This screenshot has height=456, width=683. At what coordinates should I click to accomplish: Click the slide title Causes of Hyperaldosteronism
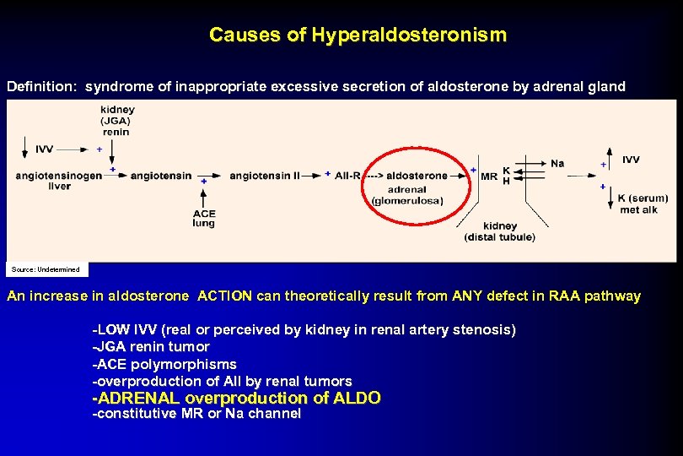tap(358, 35)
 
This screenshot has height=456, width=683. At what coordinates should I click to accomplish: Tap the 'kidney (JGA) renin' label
tap(116, 121)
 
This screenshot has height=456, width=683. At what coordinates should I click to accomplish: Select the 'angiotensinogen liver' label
tap(59, 180)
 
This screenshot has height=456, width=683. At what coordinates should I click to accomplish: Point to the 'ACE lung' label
tap(203, 219)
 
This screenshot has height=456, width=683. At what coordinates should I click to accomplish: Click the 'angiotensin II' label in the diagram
tap(264, 175)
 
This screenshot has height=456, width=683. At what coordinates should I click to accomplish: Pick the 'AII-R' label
tap(347, 175)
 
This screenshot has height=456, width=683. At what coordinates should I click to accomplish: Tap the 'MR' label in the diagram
tap(488, 176)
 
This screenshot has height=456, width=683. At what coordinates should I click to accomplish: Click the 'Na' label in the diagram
tap(557, 163)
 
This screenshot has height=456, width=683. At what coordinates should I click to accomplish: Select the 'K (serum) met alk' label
tap(643, 204)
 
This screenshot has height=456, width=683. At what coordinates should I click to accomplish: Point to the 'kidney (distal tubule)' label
tap(499, 231)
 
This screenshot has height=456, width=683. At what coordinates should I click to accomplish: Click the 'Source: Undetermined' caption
tap(46, 269)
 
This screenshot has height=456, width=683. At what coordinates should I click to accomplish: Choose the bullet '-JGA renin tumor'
tap(151, 346)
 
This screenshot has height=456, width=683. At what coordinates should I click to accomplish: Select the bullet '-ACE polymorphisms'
tap(164, 364)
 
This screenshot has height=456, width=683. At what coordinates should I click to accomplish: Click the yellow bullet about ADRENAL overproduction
tap(236, 398)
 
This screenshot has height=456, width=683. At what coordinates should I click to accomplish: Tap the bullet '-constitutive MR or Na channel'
tap(196, 414)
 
